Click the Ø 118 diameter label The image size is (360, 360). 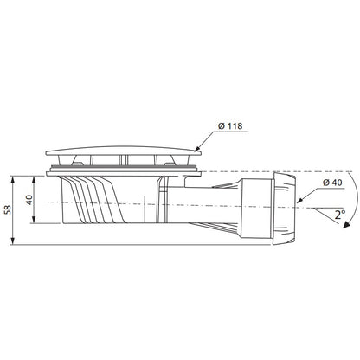[230, 126]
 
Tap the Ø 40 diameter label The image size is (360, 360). [332, 183]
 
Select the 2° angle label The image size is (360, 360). [340, 215]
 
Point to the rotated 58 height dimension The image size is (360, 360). [9, 209]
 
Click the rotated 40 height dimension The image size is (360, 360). [29, 200]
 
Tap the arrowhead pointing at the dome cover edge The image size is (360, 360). [197, 149]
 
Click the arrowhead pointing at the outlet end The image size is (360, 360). [300, 200]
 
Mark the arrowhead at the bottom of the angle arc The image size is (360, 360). [345, 225]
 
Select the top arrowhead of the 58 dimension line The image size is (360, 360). [12, 179]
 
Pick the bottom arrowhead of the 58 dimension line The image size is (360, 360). [12, 241]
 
